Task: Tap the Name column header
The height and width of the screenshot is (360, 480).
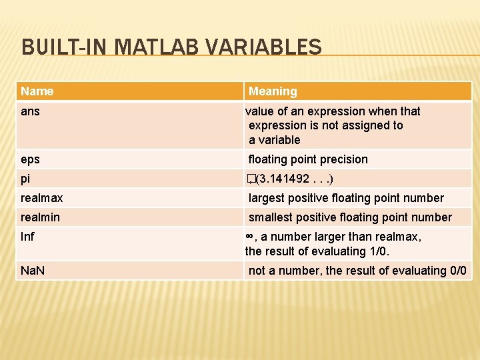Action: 37,91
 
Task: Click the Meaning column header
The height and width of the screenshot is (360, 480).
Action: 273,91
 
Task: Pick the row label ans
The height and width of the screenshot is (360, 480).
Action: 30,111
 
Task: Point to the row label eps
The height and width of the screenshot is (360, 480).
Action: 30,159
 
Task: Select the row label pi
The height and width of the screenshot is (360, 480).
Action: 25,179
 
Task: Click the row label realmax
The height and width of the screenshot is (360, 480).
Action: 42,198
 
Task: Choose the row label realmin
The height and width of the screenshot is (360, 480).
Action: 40,217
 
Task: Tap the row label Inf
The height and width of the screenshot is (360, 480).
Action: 27,237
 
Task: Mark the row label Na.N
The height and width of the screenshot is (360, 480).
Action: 33,271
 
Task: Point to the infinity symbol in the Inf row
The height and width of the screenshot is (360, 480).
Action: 249,237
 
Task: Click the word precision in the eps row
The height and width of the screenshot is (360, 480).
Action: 343,159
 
